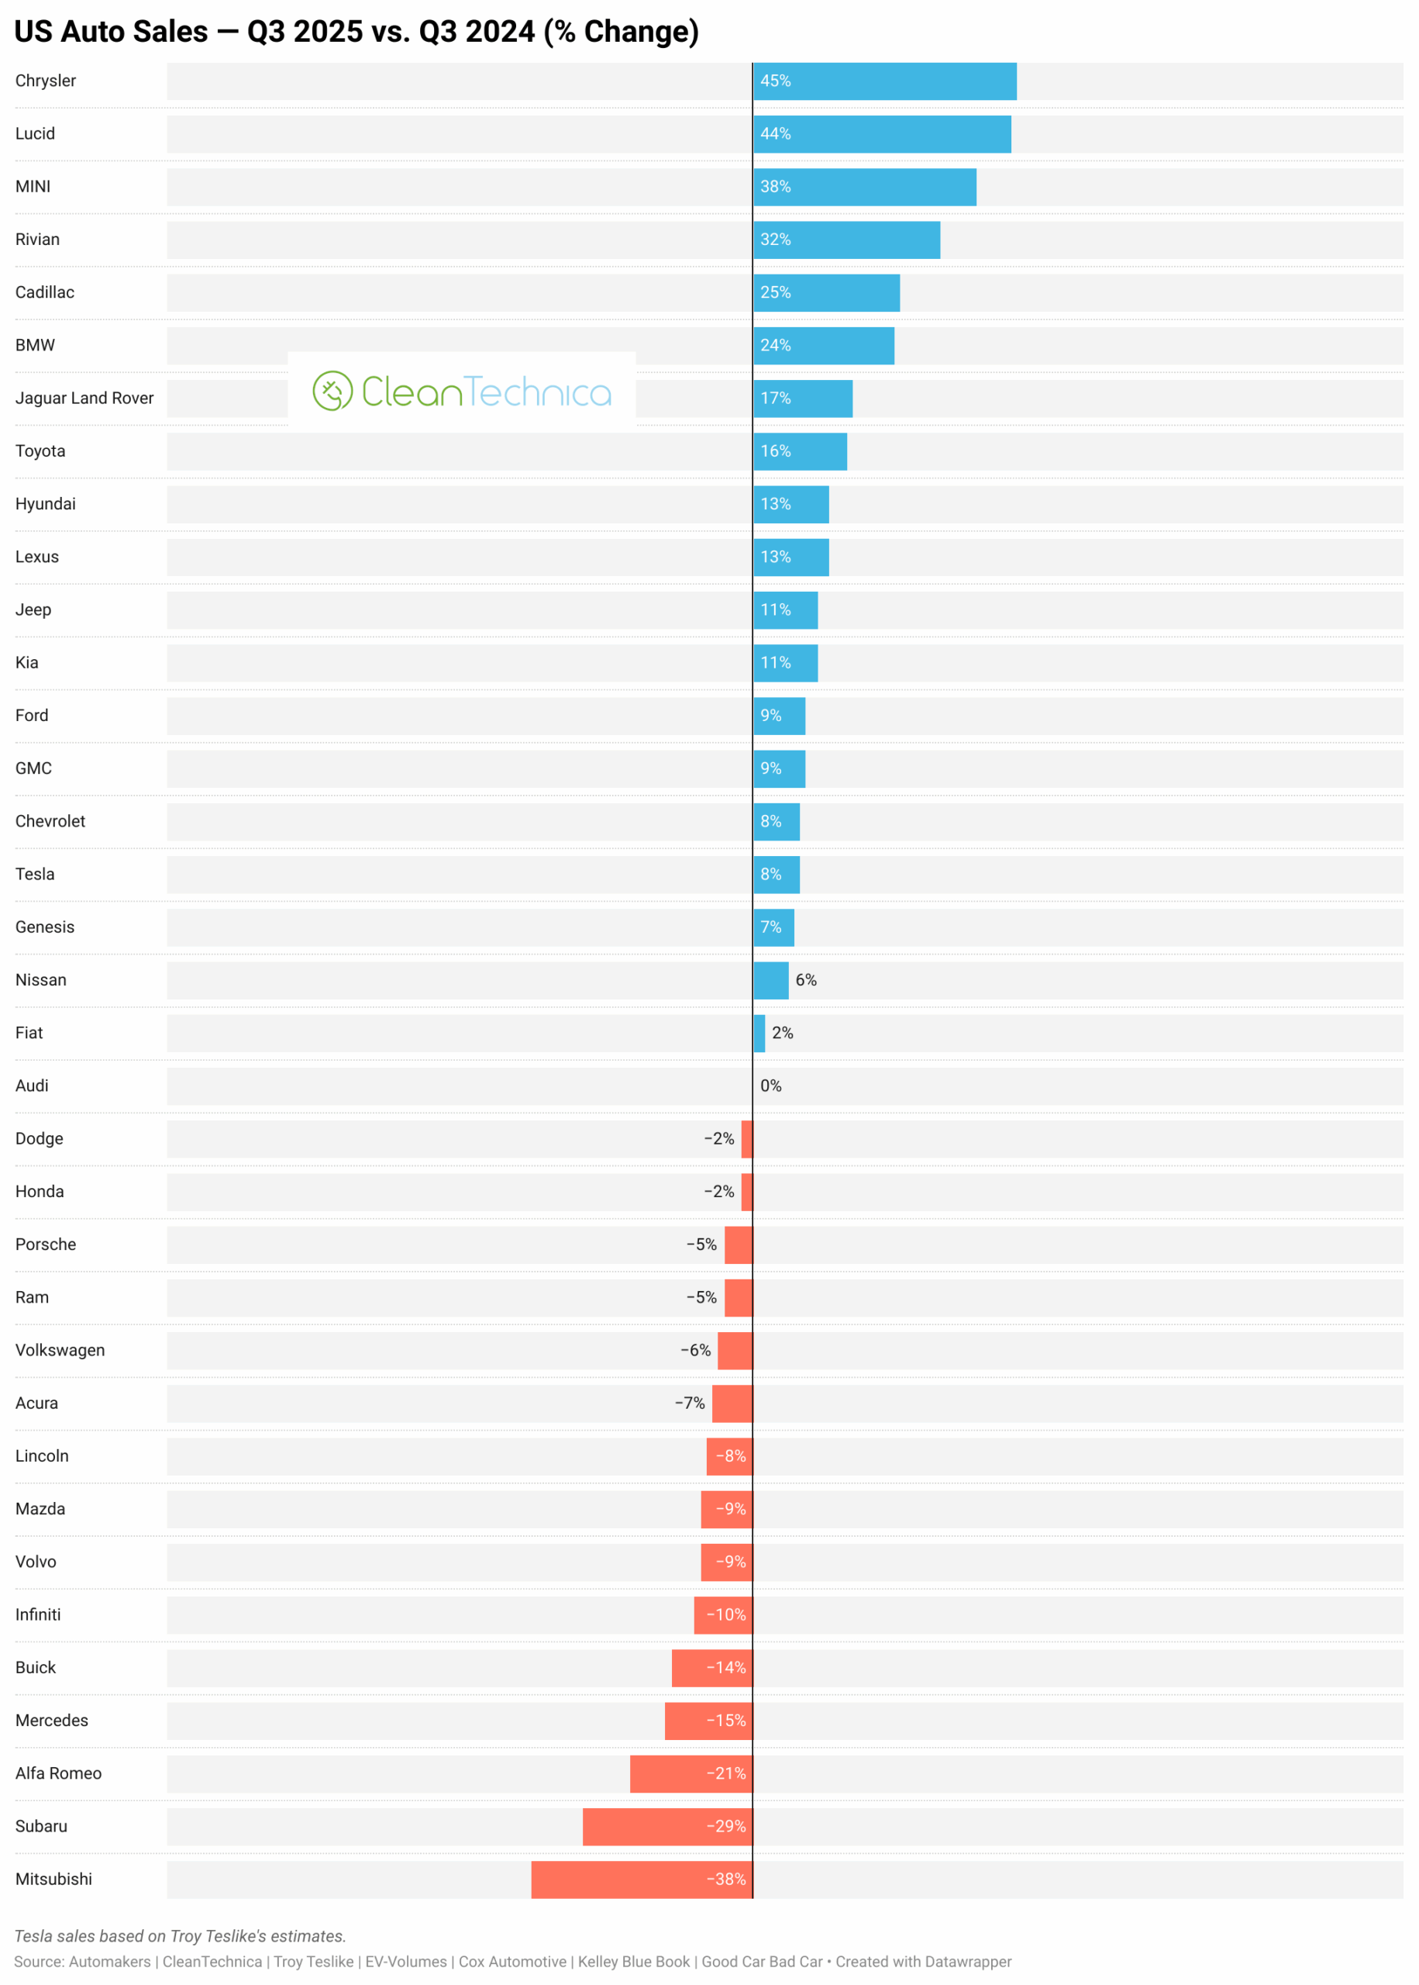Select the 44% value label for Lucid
point(775,133)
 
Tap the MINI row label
point(33,187)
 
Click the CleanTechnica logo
point(461,392)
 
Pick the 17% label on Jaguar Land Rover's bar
point(775,399)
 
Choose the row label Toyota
point(40,451)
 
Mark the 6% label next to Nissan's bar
point(806,981)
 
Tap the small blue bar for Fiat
point(759,1033)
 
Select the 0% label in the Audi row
point(770,1086)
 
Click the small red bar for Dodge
point(747,1139)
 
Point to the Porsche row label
point(46,1245)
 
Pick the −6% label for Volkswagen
point(695,1351)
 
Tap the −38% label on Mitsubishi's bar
point(726,1880)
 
